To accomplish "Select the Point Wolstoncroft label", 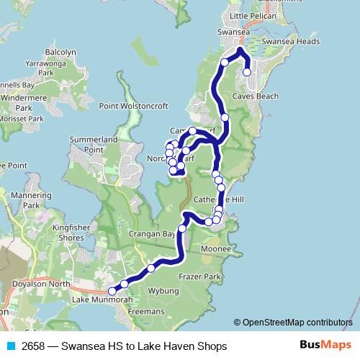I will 134,106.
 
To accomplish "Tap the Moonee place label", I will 216,248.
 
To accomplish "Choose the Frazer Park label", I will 203,276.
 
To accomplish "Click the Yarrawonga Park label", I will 58,68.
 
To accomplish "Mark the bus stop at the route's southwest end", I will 112,291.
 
